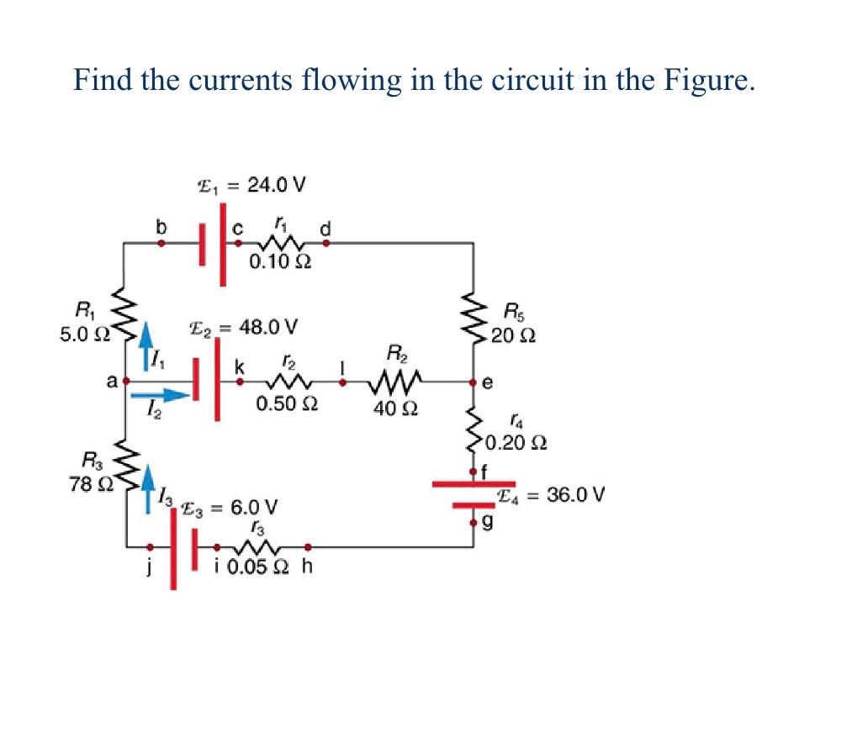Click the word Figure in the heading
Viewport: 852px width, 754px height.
click(704, 80)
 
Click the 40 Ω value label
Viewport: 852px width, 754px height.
click(394, 410)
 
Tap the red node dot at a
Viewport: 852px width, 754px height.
click(125, 381)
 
